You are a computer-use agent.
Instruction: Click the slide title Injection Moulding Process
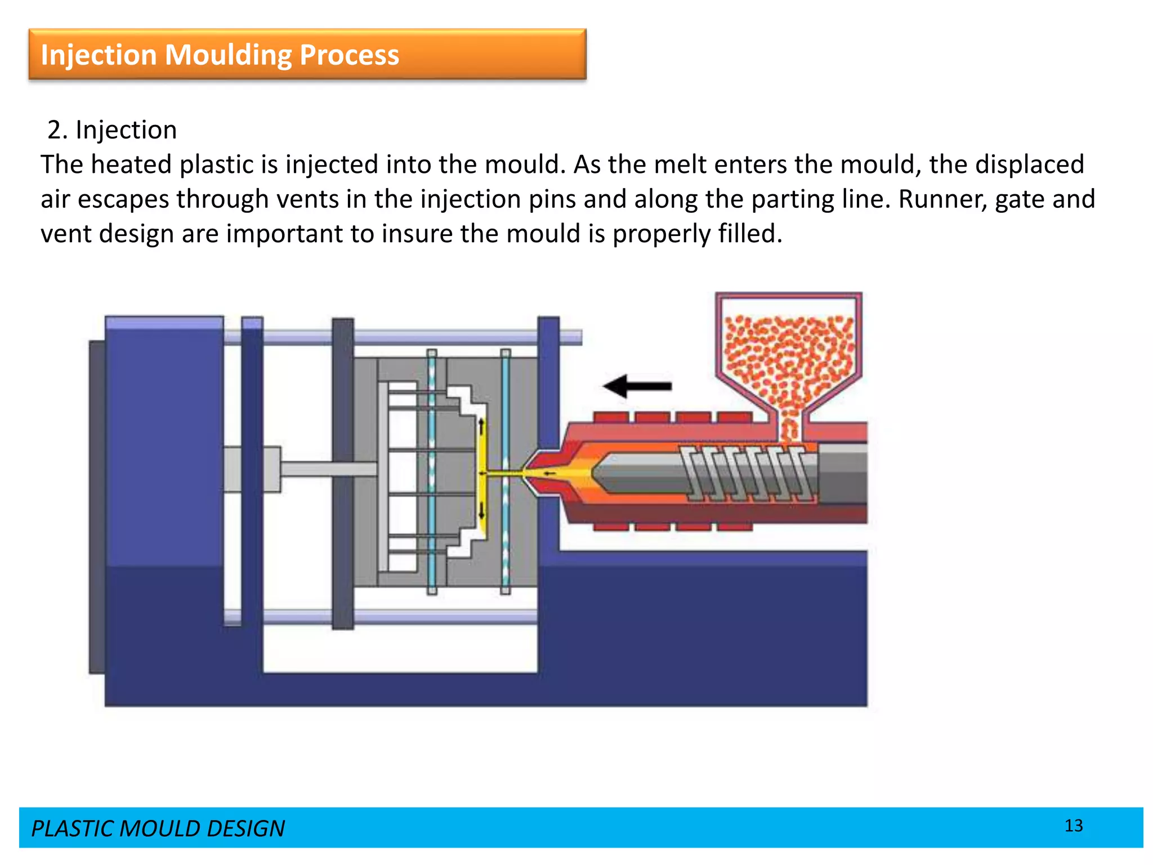pyautogui.click(x=220, y=55)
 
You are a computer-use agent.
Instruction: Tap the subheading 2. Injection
pyautogui.click(x=112, y=130)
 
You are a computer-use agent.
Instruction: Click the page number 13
pyautogui.click(x=1074, y=826)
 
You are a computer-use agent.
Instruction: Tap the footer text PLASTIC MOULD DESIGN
pyautogui.click(x=158, y=828)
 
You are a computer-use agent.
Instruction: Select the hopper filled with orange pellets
pyautogui.click(x=789, y=360)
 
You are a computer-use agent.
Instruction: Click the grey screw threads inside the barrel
pyautogui.click(x=749, y=473)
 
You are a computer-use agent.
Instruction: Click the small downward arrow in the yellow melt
pyautogui.click(x=481, y=512)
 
